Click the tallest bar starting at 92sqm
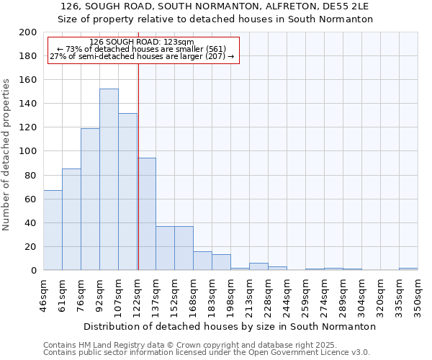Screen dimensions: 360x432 [x=109, y=179]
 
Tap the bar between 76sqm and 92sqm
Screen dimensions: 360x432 [x=90, y=199]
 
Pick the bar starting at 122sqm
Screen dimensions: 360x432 [x=146, y=214]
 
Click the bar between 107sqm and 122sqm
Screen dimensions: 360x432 [x=127, y=192]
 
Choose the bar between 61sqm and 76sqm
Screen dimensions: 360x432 [x=71, y=220]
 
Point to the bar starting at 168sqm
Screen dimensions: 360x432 [x=202, y=261]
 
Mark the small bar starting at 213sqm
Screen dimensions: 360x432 [x=258, y=266]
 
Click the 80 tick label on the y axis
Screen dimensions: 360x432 [x=29, y=175]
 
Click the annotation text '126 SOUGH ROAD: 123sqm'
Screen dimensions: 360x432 [x=142, y=42]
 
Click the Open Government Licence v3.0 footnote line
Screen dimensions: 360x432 [x=206, y=353]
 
